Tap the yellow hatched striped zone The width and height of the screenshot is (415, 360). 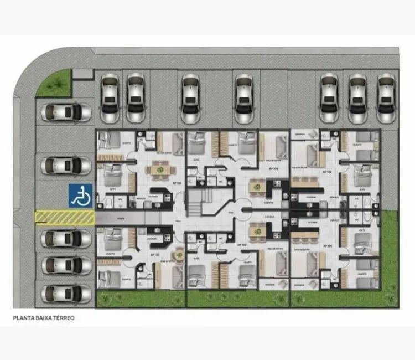[x=64, y=218]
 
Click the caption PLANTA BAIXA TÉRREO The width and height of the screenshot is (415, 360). [x=44, y=318]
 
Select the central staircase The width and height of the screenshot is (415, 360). [x=195, y=203]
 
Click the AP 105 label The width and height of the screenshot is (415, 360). [x=272, y=168]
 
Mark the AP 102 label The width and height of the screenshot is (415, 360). [x=242, y=244]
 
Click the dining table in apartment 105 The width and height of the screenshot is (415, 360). [x=256, y=186]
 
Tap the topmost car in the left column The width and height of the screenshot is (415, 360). [x=66, y=112]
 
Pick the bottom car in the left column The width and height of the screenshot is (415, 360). [x=66, y=294]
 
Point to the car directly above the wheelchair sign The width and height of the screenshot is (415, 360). [x=66, y=164]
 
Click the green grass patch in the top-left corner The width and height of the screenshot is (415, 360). [x=56, y=85]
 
